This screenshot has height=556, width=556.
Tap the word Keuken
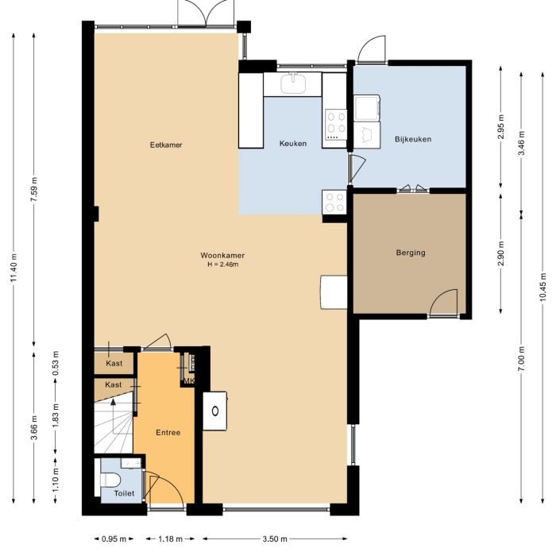pyautogui.click(x=292, y=144)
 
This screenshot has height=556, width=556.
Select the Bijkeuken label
pyautogui.click(x=412, y=140)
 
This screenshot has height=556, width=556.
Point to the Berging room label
pyautogui.click(x=411, y=253)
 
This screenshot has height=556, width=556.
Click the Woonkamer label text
pyautogui.click(x=222, y=255)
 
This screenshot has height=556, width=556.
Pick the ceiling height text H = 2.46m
pyautogui.click(x=222, y=264)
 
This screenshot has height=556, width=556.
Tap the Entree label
pyautogui.click(x=168, y=433)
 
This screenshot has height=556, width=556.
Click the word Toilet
pyautogui.click(x=125, y=493)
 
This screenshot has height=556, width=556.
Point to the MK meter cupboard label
pyautogui.click(x=188, y=381)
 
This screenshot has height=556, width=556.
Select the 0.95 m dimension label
pyautogui.click(x=114, y=539)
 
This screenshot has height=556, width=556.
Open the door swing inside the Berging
pyautogui.click(x=445, y=303)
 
